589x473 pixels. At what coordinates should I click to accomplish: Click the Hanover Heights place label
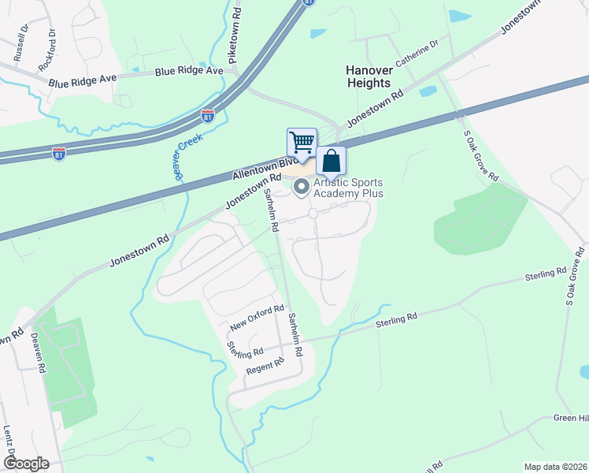[x=369, y=76]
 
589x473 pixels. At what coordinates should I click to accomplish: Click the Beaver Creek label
[x=189, y=157]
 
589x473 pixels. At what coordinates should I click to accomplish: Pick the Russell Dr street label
[x=20, y=47]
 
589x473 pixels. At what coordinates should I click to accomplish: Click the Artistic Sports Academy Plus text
[x=348, y=188]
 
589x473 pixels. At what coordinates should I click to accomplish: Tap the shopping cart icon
[x=302, y=143]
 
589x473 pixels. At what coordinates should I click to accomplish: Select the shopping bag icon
[x=332, y=161]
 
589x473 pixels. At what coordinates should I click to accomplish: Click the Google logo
[x=26, y=464]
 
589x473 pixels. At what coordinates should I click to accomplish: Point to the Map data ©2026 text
[x=554, y=467]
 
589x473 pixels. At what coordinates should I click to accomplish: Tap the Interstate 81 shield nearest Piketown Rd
[x=207, y=116]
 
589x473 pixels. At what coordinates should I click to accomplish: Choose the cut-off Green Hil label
[x=571, y=418]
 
